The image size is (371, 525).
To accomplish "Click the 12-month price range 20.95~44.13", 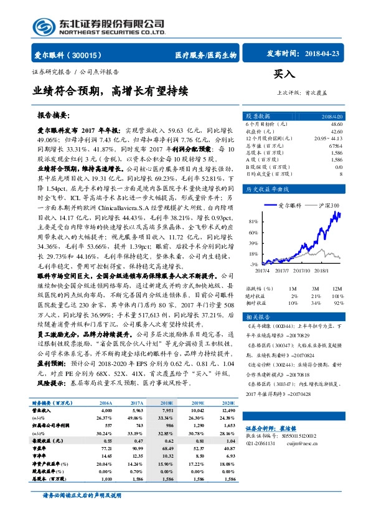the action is tap(329, 138).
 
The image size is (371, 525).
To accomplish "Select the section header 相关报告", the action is tap(256, 317).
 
